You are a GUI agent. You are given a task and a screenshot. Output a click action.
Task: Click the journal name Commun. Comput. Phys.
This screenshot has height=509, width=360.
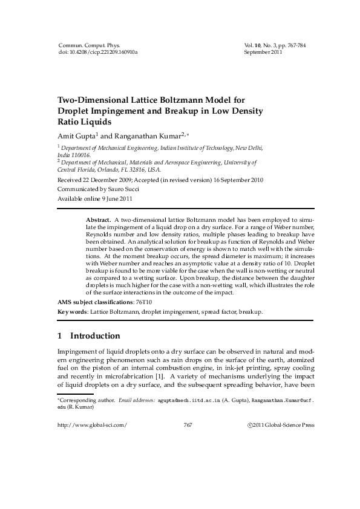(89, 45)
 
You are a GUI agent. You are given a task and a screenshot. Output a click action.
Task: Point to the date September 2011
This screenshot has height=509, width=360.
(263, 53)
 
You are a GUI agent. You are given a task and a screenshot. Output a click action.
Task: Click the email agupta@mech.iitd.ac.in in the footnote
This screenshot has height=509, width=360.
(191, 400)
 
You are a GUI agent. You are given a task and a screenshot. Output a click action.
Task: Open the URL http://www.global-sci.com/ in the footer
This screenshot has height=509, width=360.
(91, 426)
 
